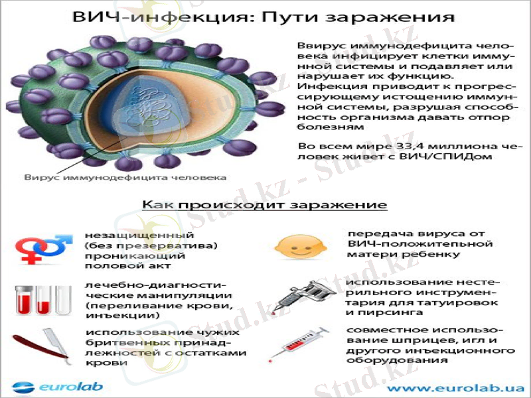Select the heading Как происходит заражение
pyautogui.click(x=264, y=204)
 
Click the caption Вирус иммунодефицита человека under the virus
pyautogui.click(x=125, y=177)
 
